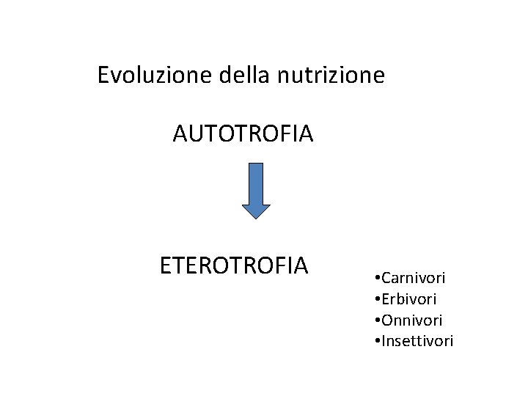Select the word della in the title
coord(230,75)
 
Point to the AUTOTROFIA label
coord(243,134)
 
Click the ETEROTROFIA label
coord(234,265)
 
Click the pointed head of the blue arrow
coord(256,210)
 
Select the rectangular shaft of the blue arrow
coord(256,182)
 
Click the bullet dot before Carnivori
coord(375,279)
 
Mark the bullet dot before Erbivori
coord(375,300)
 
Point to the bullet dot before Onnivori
coord(375,320)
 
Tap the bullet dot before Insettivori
coord(375,341)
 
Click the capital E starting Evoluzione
coord(103,75)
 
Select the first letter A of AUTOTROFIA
coord(180,134)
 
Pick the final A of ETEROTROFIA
coord(300,265)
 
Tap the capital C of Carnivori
coord(384,279)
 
